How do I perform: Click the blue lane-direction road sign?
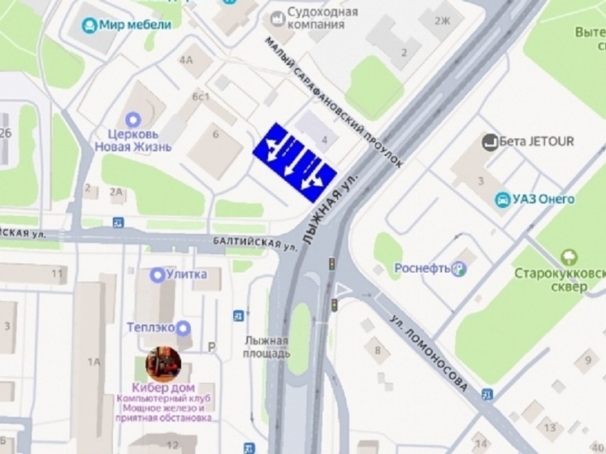click(x=295, y=161)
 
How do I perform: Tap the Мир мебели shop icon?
click(x=90, y=24)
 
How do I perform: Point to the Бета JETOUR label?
click(x=536, y=141)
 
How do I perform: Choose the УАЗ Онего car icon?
click(x=504, y=200)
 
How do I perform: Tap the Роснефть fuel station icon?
click(x=459, y=268)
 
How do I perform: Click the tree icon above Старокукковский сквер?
click(x=570, y=258)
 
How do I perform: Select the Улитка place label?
click(x=186, y=275)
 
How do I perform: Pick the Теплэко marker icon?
click(x=184, y=328)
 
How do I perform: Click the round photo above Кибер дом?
click(x=163, y=364)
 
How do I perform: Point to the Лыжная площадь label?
click(x=266, y=347)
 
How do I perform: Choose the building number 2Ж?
click(x=443, y=20)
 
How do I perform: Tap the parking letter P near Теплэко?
click(x=212, y=347)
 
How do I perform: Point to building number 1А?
click(x=95, y=361)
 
